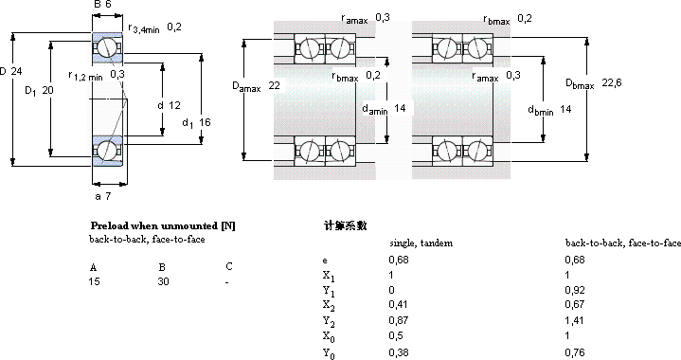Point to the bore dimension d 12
168,104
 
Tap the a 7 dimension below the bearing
104,195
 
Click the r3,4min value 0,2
174,27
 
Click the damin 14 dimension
384,108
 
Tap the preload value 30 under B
164,282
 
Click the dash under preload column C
227,282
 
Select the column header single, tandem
421,243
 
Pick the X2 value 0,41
401,303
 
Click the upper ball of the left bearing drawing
108,46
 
